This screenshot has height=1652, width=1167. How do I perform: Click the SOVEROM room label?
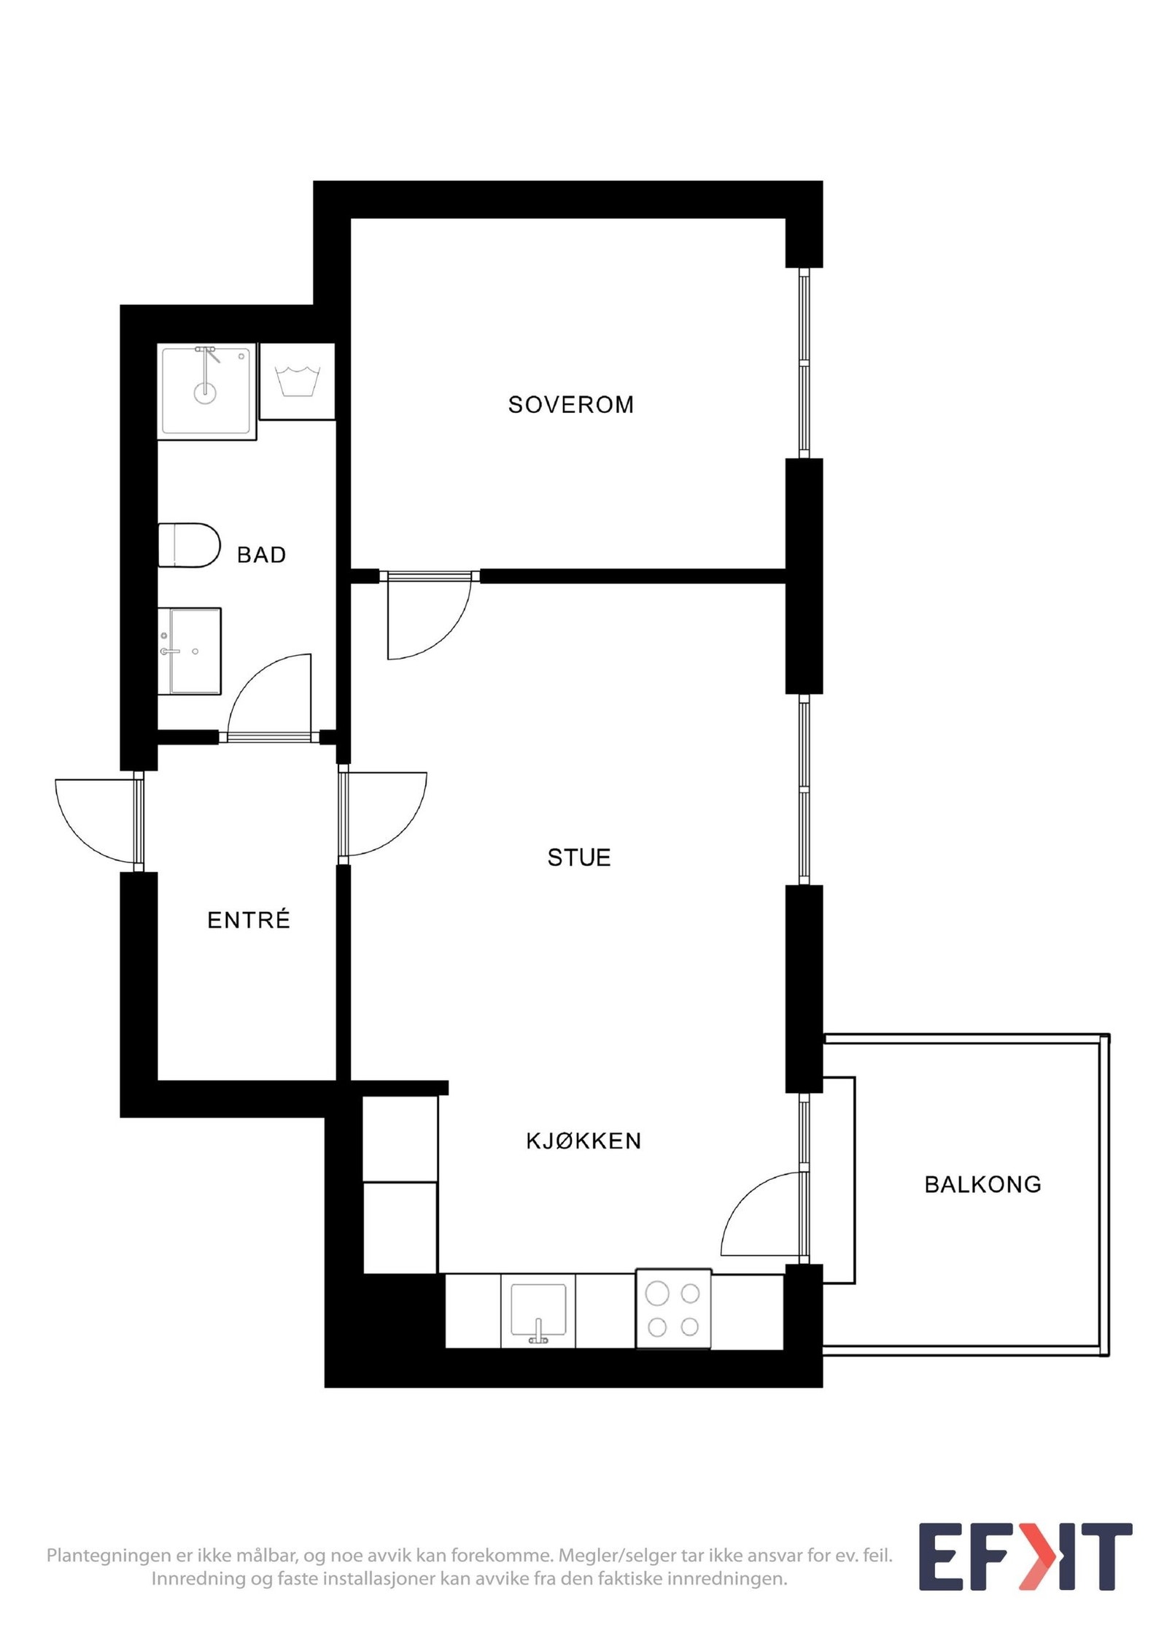click(x=570, y=404)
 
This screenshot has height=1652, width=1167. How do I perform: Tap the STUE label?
click(x=578, y=857)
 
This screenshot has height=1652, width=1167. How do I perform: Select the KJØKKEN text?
click(x=583, y=1140)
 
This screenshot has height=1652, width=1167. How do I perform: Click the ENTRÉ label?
click(x=249, y=920)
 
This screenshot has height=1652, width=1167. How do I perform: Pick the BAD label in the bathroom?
click(x=261, y=555)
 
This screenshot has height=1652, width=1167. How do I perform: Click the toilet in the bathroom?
click(x=190, y=545)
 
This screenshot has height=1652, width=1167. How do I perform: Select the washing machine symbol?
click(x=297, y=382)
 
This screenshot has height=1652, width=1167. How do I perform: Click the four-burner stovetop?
click(x=673, y=1311)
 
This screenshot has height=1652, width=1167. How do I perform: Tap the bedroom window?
click(x=804, y=363)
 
